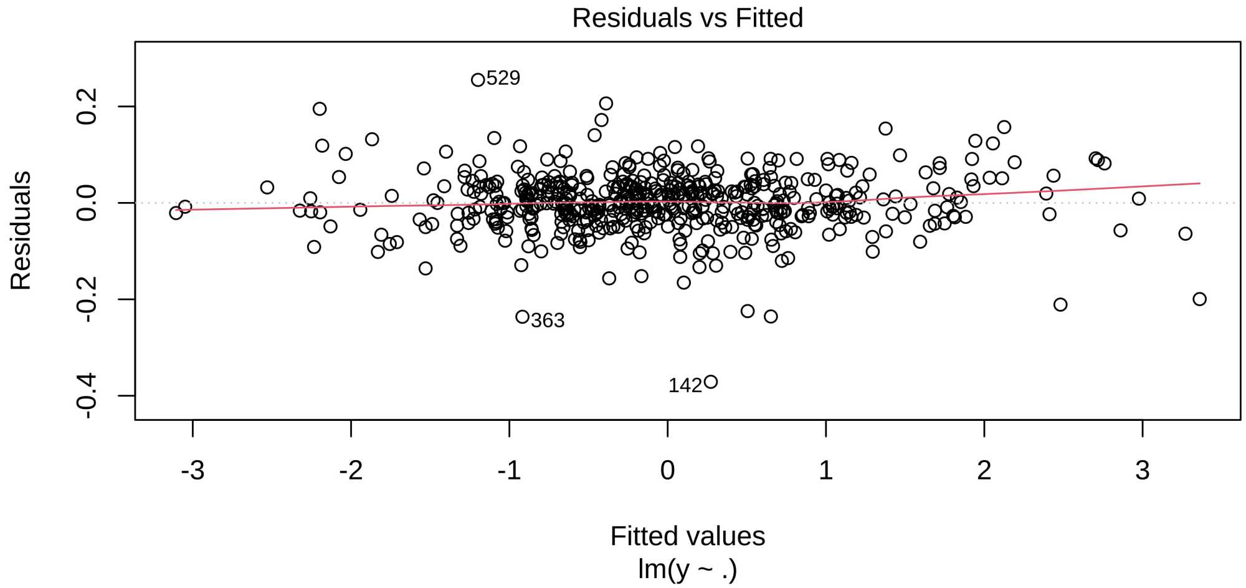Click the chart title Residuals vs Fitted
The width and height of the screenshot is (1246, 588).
687,18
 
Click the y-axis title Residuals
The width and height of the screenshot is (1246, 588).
21,231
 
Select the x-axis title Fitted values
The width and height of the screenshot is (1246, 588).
687,536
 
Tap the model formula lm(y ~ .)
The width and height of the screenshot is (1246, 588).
687,569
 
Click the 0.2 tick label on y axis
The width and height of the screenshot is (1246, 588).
87,107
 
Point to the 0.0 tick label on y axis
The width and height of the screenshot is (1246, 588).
87,203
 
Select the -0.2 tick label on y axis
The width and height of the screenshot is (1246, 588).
87,299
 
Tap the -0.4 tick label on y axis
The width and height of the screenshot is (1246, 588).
87,395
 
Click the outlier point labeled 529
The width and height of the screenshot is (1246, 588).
478,80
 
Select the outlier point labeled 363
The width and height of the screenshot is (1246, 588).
522,317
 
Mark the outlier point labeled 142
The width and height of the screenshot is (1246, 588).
711,382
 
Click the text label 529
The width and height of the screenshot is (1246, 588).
503,78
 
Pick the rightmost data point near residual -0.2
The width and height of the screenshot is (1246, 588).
1199,299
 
